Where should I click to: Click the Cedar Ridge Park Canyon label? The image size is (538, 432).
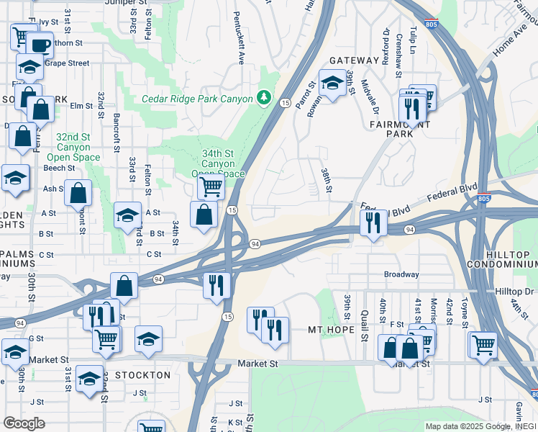click(197, 99)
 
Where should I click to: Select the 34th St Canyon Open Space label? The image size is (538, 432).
click(219, 163)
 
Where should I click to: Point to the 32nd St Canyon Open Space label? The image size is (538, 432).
click(73, 147)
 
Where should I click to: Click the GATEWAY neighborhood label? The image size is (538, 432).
click(354, 60)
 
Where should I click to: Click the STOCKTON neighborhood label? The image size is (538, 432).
click(144, 375)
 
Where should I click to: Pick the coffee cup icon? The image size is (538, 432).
click(40, 45)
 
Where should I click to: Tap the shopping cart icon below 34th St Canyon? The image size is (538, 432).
click(210, 187)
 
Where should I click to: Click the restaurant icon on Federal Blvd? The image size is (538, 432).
click(373, 222)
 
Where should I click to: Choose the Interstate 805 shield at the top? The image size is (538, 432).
click(431, 24)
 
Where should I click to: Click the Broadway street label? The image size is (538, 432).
click(401, 274)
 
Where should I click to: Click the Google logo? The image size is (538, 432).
click(24, 423)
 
